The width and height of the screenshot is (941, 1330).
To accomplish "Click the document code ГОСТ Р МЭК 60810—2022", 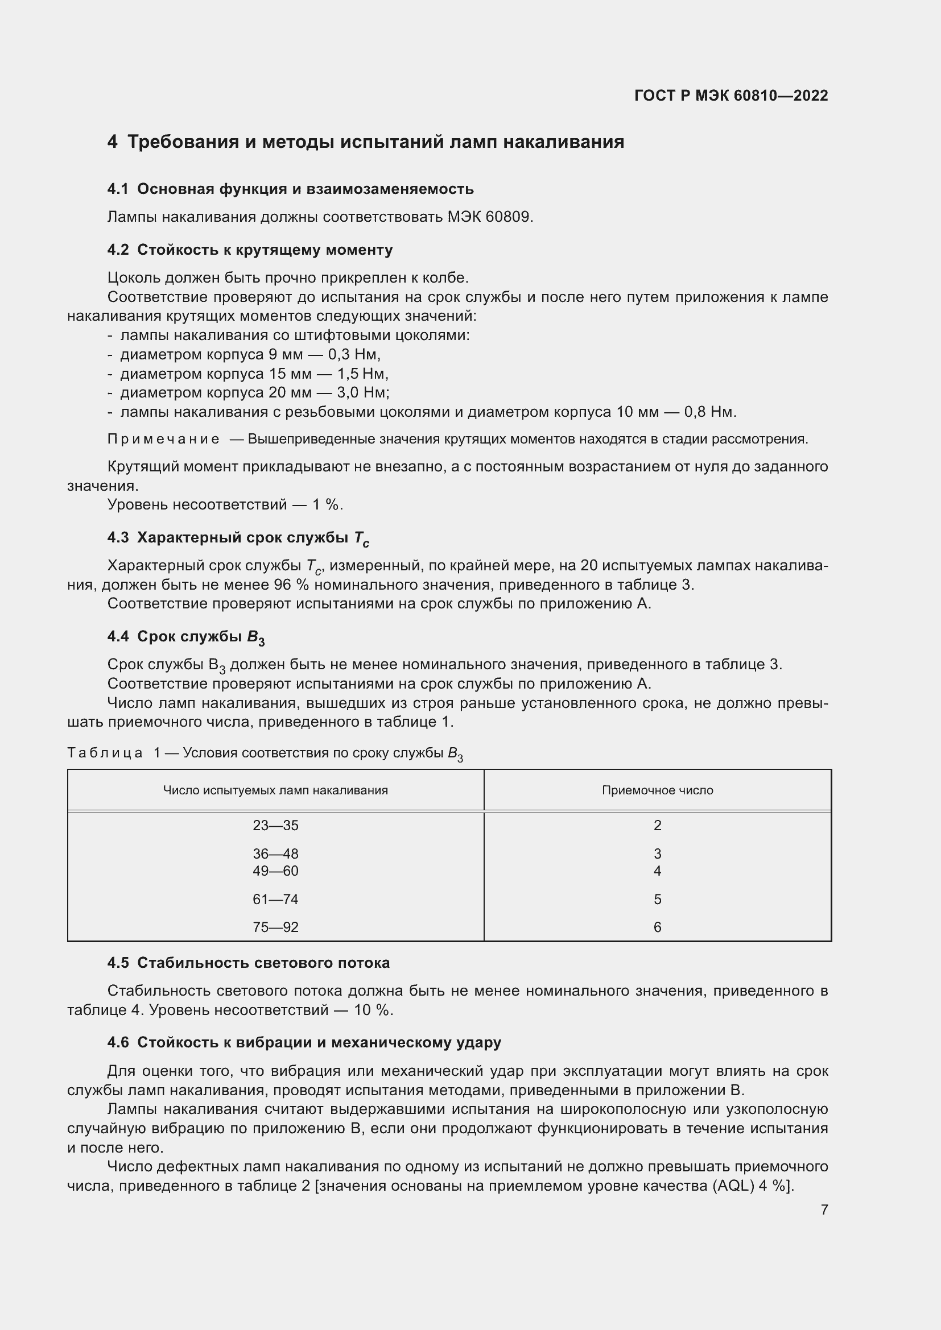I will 731,96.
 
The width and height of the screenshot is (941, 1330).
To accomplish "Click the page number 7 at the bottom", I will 824,1209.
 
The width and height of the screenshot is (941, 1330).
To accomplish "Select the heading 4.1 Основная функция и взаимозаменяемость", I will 290,189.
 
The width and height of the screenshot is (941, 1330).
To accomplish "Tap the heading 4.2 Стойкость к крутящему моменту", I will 250,250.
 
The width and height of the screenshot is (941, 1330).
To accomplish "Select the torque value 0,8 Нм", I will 710,412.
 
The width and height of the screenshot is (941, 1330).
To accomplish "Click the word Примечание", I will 163,439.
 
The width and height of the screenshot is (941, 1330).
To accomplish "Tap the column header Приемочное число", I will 657,790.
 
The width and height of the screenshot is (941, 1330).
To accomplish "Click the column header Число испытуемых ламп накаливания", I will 275,790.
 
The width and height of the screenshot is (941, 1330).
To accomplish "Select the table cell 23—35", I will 275,826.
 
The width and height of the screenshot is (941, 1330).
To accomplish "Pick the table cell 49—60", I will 275,871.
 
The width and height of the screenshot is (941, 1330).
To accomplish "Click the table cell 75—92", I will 275,927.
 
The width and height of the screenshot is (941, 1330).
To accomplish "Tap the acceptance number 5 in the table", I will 657,899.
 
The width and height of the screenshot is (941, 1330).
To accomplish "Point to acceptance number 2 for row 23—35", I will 657,826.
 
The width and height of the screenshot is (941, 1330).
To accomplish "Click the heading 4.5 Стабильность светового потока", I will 248,963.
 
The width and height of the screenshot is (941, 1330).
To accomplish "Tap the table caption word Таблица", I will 105,753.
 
